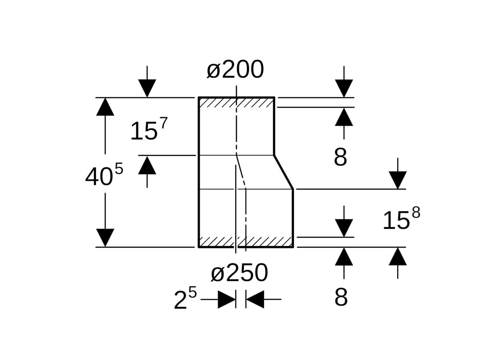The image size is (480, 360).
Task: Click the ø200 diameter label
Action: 235,69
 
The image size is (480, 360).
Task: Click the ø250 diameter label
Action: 239,272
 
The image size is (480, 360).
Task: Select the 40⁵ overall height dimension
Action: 104,175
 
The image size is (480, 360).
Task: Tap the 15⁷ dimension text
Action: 149,129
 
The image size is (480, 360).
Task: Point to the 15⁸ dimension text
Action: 402,218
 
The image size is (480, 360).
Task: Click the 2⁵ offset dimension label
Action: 185,298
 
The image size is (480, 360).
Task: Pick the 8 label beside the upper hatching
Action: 340,157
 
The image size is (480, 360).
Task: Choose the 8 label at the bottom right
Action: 341,297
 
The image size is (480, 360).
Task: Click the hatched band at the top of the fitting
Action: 236,103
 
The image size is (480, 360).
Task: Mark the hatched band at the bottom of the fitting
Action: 246,242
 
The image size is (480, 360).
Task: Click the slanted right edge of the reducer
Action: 284,172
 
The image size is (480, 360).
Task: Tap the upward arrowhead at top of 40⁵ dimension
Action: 105,107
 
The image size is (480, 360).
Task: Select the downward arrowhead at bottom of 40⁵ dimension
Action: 105,238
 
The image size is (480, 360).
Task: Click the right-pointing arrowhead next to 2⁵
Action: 227,299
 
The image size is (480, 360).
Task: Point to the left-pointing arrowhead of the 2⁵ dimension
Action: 255,299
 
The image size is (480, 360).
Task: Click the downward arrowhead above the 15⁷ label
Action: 147,88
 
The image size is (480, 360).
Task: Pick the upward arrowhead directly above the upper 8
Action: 344,117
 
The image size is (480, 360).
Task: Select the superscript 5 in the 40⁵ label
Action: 119,168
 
